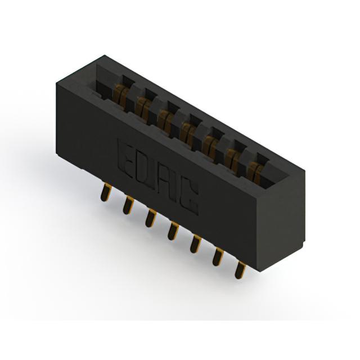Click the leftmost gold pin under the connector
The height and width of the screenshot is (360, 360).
pyautogui.click(x=105, y=193)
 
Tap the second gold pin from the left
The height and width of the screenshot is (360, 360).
pyautogui.click(x=128, y=205)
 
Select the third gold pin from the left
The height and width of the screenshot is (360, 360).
pyautogui.click(x=151, y=218)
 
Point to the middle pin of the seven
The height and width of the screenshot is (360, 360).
pyautogui.click(x=173, y=231)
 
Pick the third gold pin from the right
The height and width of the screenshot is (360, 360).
pyautogui.click(x=196, y=244)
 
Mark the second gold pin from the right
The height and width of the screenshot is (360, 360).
pyautogui.click(x=218, y=256)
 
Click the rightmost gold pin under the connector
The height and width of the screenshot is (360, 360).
pyautogui.click(x=240, y=269)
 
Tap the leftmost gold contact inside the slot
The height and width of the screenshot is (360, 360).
pyautogui.click(x=121, y=96)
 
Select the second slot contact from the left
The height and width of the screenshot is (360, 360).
pyautogui.click(x=143, y=109)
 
